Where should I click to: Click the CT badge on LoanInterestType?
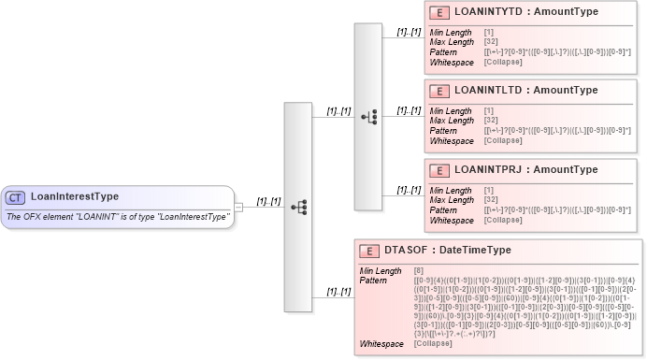[16, 197]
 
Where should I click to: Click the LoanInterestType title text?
[75, 197]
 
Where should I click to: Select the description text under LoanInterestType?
[118, 217]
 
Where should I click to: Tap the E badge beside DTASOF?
[370, 251]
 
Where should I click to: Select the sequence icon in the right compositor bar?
[368, 117]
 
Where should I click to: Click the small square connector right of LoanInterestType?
[239, 207]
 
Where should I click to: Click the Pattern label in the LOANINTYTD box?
[443, 52]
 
